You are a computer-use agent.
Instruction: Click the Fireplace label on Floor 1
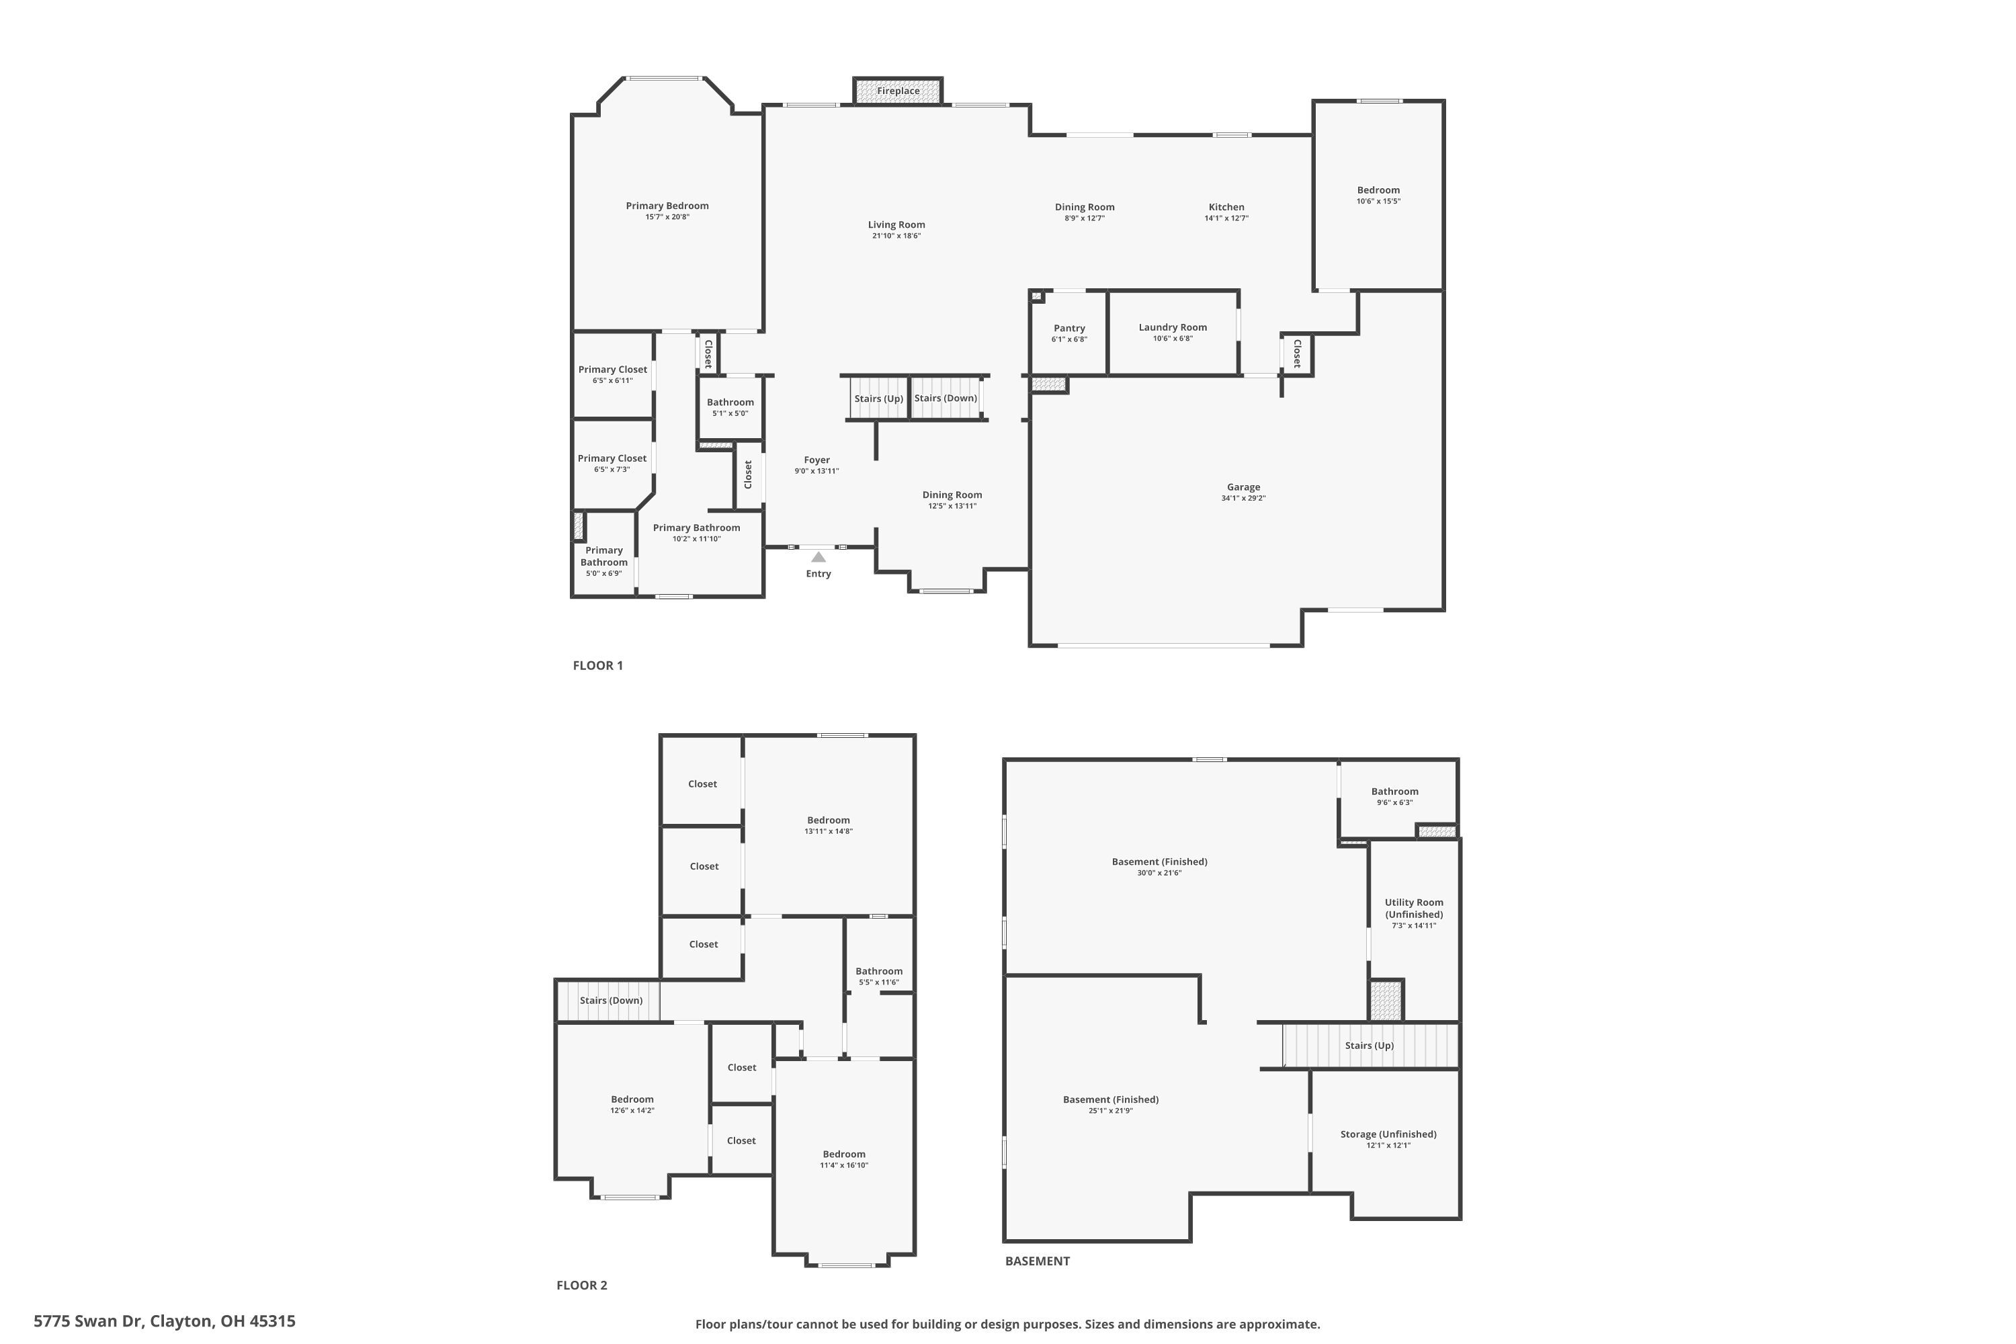897,91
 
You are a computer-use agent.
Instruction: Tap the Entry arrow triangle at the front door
818,557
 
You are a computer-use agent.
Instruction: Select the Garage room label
1243,487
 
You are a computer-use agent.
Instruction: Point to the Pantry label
1069,329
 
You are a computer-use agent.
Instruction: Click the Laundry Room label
1173,327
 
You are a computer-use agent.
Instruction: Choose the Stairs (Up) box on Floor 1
878,398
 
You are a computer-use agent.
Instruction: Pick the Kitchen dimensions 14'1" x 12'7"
1226,218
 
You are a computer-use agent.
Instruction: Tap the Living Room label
896,224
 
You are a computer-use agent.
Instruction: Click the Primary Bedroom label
667,206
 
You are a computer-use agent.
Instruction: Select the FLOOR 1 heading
597,665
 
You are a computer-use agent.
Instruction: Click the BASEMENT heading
1037,1261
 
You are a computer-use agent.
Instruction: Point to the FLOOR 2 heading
581,1285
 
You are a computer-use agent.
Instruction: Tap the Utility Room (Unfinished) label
1413,908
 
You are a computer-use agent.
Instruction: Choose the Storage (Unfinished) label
1388,1134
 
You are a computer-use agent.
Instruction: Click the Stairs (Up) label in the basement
1369,1046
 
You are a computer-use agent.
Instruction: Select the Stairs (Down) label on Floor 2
610,1001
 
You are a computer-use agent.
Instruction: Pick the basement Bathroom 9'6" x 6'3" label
1394,792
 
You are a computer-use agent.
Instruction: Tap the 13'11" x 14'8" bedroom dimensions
828,831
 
